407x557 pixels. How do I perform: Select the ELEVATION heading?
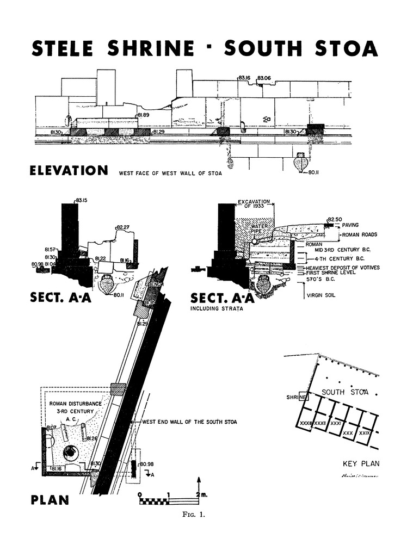69,171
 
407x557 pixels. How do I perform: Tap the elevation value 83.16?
244,78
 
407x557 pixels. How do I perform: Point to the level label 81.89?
143,115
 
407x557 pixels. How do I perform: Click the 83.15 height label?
82,200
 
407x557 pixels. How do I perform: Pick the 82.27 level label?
123,227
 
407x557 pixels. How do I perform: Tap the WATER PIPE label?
256,229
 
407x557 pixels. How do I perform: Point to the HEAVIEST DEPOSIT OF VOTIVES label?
342,268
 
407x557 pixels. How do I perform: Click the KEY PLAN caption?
360,464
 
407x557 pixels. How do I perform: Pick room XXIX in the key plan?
365,432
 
